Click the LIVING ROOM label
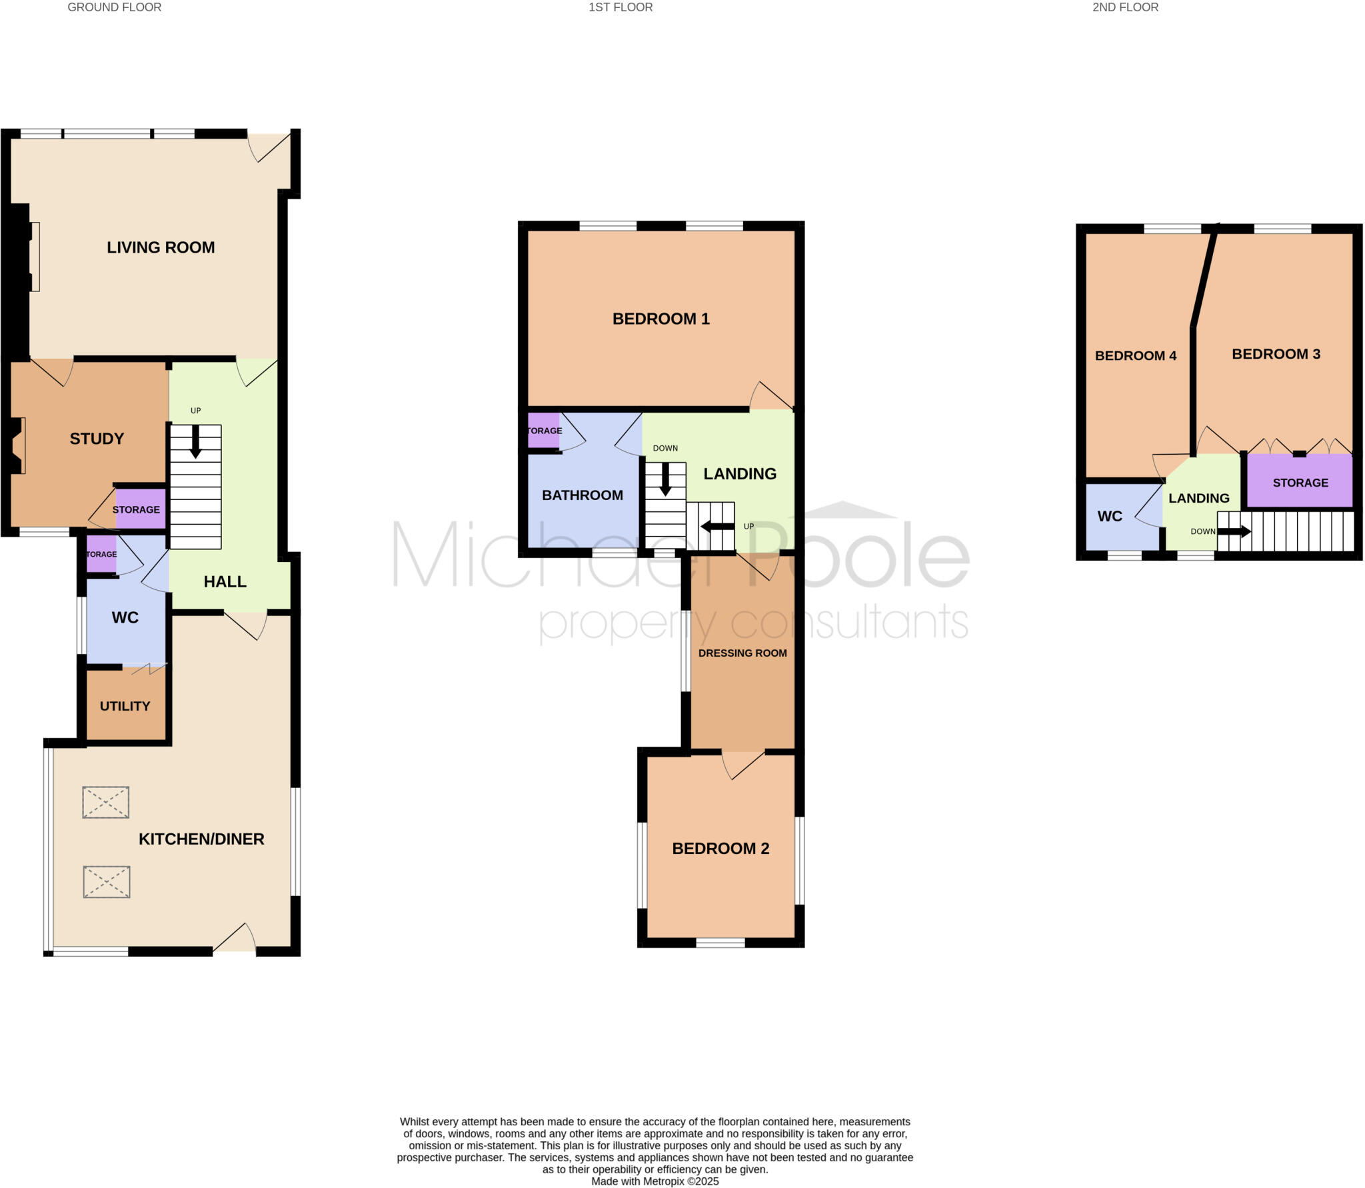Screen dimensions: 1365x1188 coord(161,247)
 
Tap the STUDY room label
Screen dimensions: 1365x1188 coord(97,439)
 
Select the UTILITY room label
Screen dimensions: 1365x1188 coord(125,706)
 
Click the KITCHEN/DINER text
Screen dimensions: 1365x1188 coord(201,839)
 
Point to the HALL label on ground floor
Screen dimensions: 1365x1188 coord(225,581)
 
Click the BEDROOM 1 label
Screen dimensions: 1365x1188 coord(661,319)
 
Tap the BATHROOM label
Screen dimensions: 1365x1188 coord(582,495)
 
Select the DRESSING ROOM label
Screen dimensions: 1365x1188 coord(742,653)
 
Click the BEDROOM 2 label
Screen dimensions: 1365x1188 coord(720,849)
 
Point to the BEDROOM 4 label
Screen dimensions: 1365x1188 coord(1135,356)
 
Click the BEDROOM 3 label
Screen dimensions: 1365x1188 coord(1275,354)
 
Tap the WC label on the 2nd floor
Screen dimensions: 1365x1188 coord(1110,516)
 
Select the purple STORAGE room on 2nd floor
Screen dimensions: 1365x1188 coord(1300,483)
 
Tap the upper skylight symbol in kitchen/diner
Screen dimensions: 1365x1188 coord(105,802)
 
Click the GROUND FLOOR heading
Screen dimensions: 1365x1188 coord(115,7)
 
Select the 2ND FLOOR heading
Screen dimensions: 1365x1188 coord(1125,7)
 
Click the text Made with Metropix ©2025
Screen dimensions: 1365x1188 coord(655,1181)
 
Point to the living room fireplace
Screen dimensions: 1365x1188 coord(33,257)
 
